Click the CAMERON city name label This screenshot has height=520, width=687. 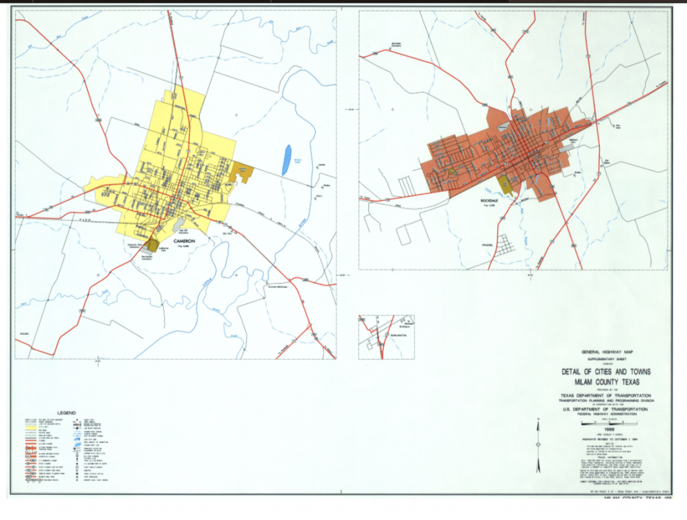coord(183,240)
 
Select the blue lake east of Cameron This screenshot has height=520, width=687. coord(287,159)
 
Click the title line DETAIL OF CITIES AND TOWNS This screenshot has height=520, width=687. coord(606,372)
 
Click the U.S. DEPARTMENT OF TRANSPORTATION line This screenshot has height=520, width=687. coord(606,409)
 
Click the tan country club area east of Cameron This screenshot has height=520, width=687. coord(242,173)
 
